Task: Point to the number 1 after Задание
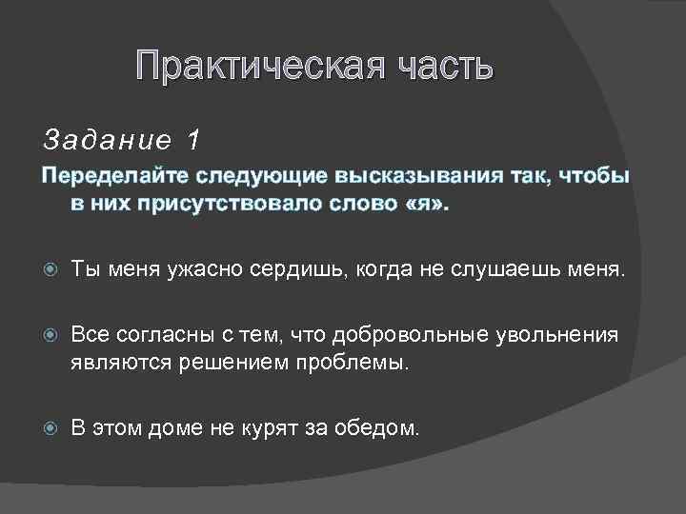tap(194, 141)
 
